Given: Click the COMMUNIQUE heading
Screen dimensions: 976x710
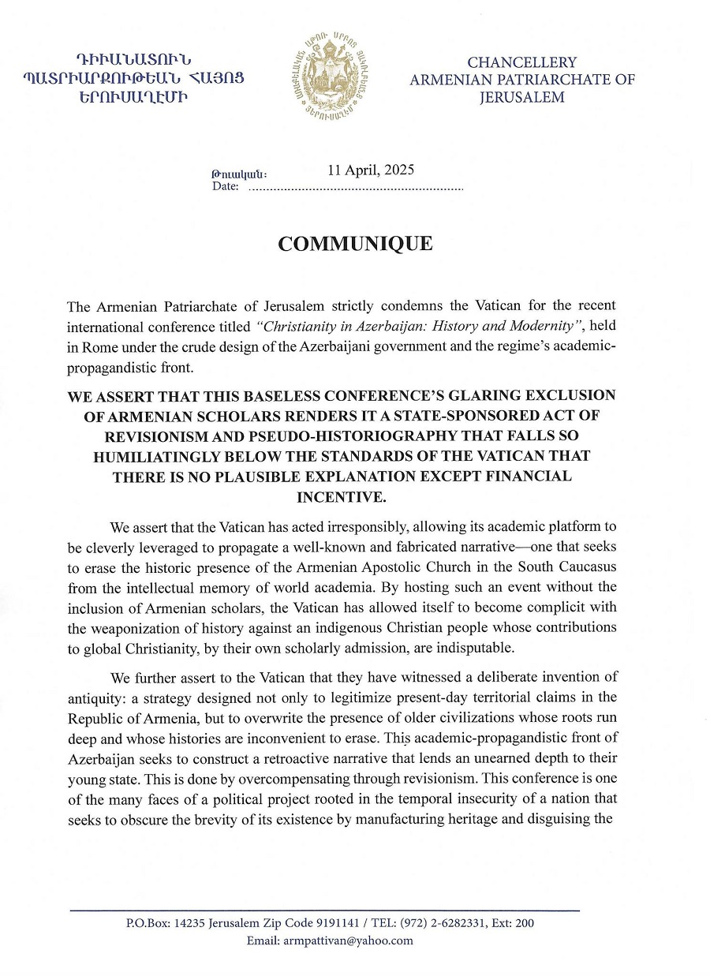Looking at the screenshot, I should (x=355, y=244).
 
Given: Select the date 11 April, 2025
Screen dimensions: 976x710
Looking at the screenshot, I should (x=371, y=170).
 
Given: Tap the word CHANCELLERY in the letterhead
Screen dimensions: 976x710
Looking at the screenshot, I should (x=522, y=62).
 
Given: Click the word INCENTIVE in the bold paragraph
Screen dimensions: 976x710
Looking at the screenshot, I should (x=341, y=498).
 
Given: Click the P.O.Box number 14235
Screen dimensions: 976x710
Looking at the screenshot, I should (x=189, y=923).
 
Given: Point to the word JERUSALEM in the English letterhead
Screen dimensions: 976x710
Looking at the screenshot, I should (x=522, y=98).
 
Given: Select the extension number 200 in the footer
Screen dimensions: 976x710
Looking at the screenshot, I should (x=525, y=923).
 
